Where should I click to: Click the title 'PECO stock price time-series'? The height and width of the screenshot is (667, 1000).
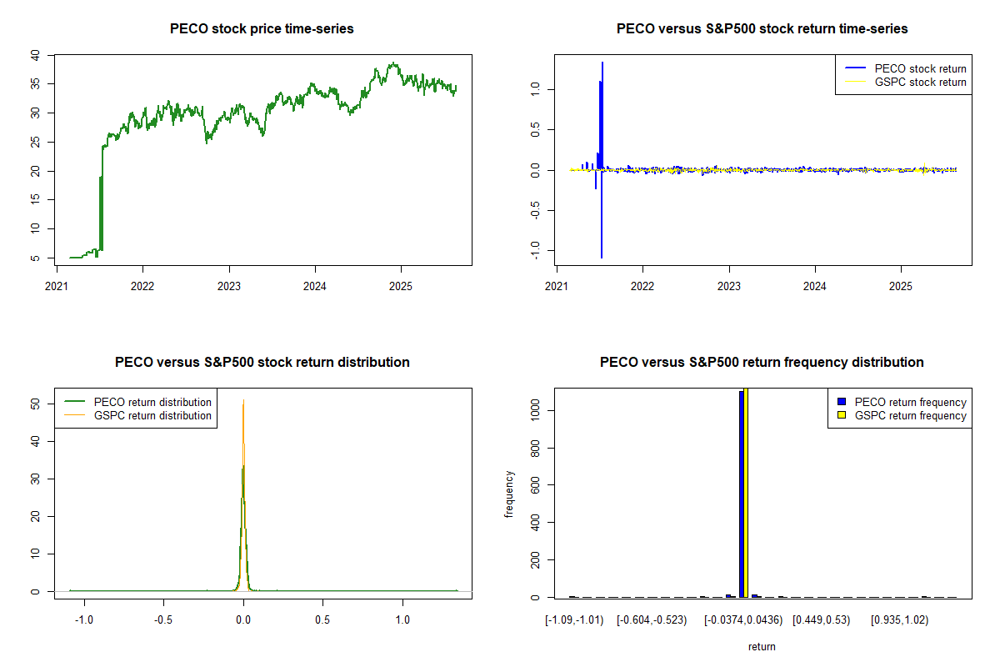(262, 29)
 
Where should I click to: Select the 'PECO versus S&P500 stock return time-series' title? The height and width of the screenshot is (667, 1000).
(762, 29)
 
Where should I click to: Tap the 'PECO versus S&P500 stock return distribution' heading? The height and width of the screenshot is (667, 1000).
(262, 363)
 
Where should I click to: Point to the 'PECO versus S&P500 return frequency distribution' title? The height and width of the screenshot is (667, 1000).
(762, 363)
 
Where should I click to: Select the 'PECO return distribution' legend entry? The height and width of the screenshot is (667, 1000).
(152, 402)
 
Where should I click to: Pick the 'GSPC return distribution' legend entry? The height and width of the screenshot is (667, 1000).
(152, 415)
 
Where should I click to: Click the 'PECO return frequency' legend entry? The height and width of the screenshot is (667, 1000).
(910, 402)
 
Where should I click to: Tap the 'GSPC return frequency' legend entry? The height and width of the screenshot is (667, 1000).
(910, 415)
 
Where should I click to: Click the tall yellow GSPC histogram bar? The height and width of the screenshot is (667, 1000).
(747, 492)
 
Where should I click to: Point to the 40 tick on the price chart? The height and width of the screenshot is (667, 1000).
(35, 55)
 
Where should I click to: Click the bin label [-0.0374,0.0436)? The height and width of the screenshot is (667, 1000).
(741, 620)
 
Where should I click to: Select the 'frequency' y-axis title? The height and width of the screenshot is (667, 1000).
(509, 494)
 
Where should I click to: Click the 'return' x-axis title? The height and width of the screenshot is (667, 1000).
(762, 646)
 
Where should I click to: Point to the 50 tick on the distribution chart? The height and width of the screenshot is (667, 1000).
(35, 404)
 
